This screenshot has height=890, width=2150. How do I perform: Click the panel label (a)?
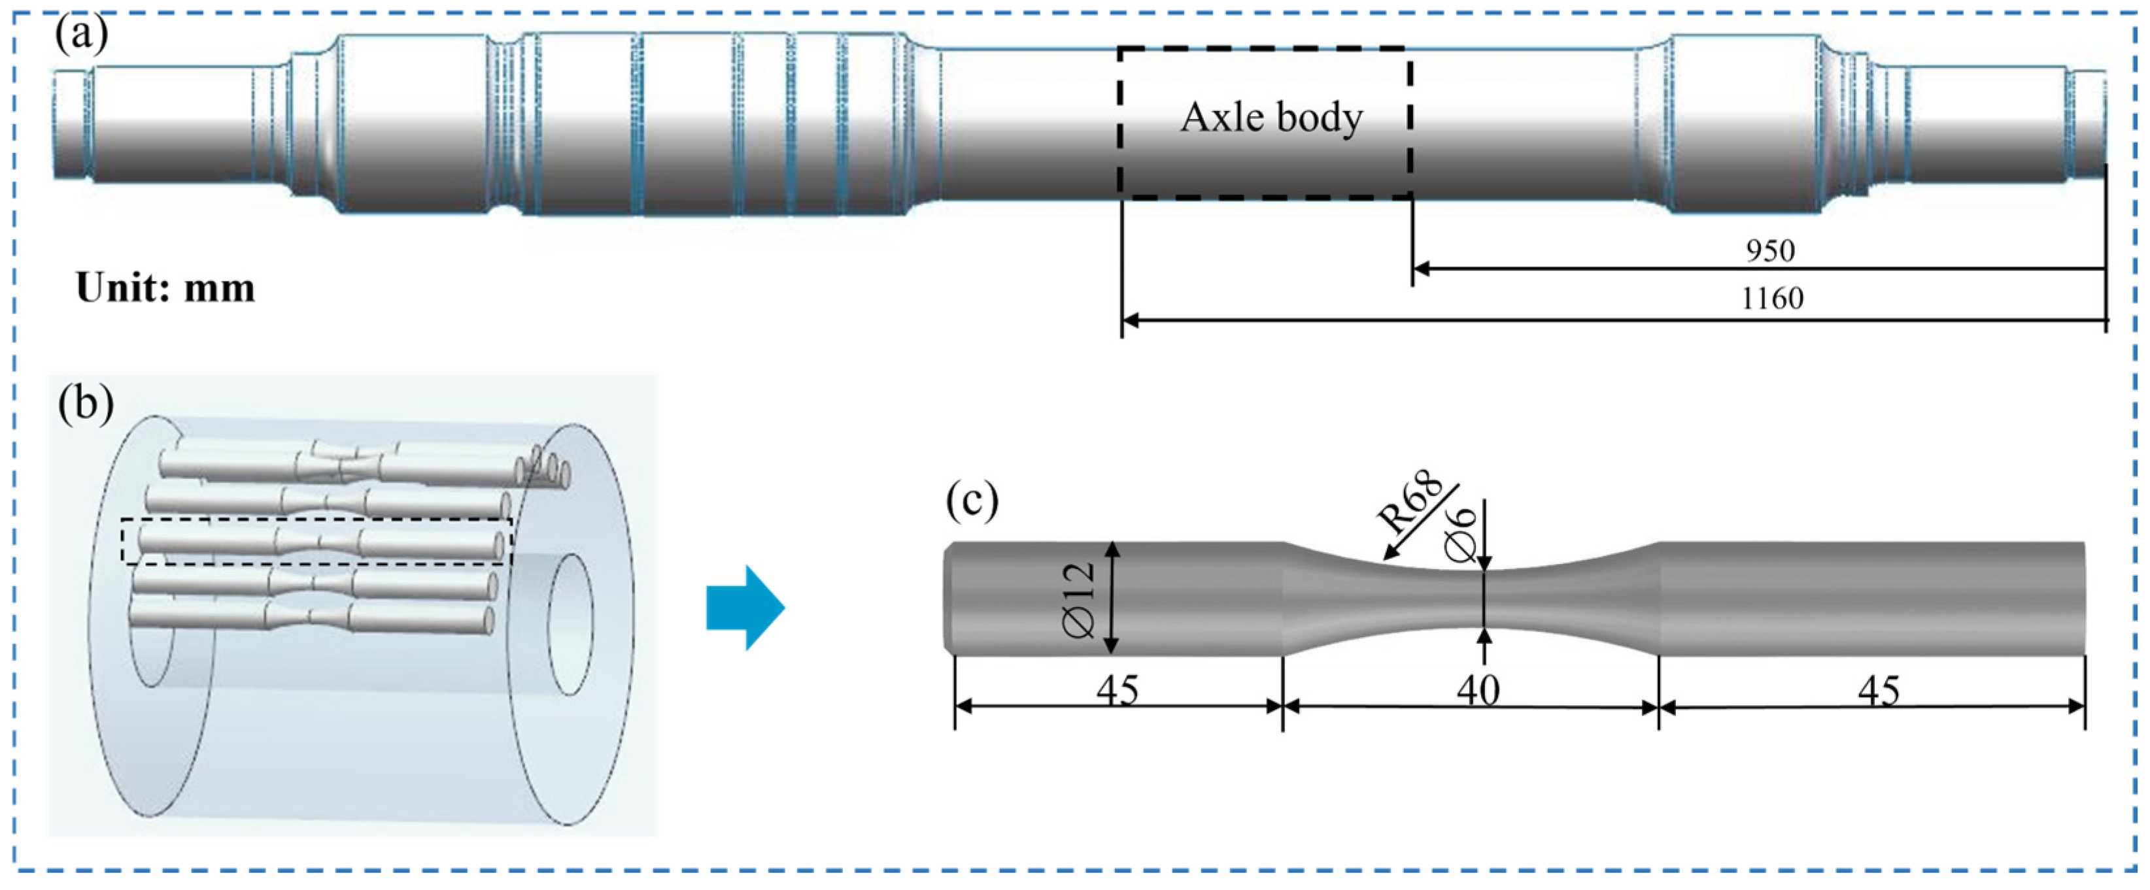point(81,37)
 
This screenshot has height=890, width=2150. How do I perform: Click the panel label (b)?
point(85,404)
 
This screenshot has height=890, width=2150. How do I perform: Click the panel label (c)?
point(972,501)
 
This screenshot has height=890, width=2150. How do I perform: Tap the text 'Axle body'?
point(1271,118)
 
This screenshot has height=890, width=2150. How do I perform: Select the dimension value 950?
point(1769,250)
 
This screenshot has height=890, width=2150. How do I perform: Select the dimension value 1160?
point(1771,299)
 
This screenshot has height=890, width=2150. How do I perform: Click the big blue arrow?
point(745,607)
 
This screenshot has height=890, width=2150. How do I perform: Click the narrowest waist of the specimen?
point(1483,599)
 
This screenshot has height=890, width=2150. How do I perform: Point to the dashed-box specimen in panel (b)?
point(317,543)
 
